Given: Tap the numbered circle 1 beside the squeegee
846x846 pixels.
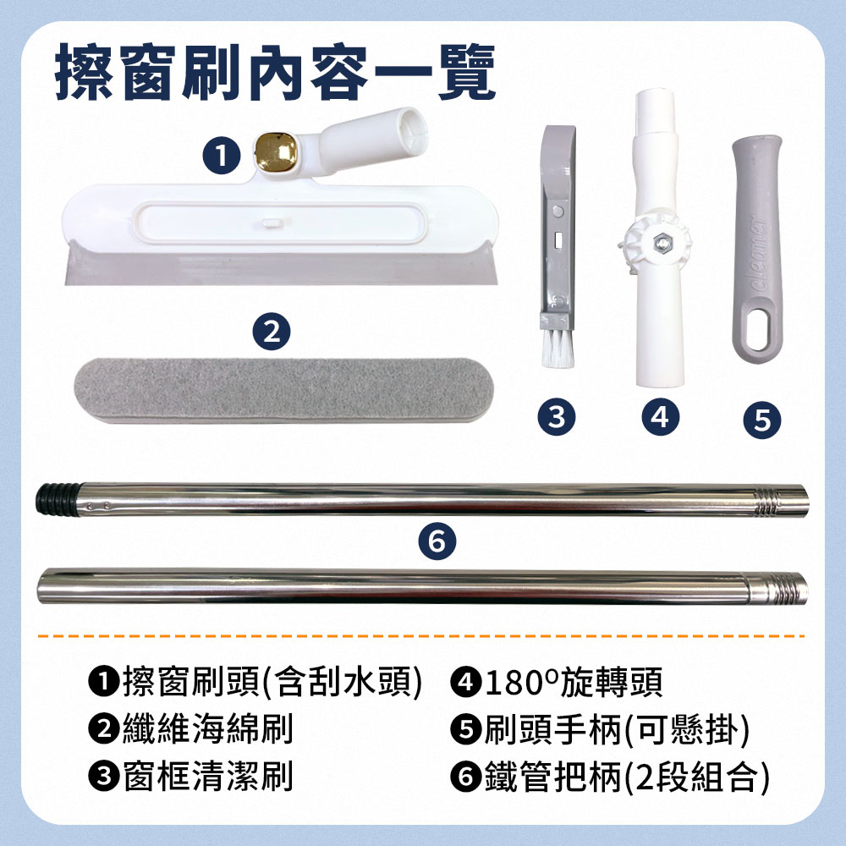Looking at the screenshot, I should pyautogui.click(x=220, y=155).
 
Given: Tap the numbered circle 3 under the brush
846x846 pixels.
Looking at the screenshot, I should pyautogui.click(x=556, y=415).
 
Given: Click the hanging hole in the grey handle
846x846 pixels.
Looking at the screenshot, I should pyautogui.click(x=759, y=327).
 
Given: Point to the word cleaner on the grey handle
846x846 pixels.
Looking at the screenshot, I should pyautogui.click(x=760, y=253).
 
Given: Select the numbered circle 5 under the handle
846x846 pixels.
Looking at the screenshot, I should pyautogui.click(x=761, y=418).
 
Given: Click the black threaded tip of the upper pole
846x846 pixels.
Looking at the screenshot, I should pyautogui.click(x=54, y=499).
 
